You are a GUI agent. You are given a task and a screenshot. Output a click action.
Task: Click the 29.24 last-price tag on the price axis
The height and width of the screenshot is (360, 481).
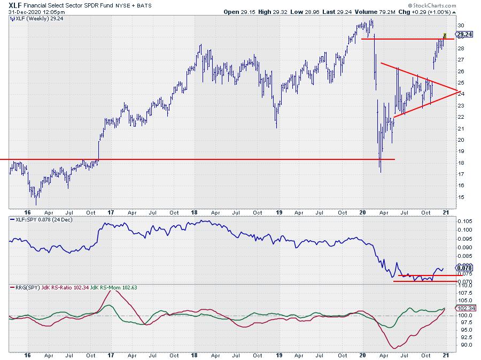point(464,34)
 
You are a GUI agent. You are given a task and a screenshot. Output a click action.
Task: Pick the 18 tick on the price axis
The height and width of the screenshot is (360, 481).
point(460,163)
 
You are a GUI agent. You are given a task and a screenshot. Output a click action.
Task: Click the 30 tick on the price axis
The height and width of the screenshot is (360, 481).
point(460,26)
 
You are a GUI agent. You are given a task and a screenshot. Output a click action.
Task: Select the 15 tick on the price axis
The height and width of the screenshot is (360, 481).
point(460,197)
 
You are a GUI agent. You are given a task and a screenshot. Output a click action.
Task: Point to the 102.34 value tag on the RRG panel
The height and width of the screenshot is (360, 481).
point(463,308)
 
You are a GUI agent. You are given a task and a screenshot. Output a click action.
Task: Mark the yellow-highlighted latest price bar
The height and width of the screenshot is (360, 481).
point(444,36)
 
